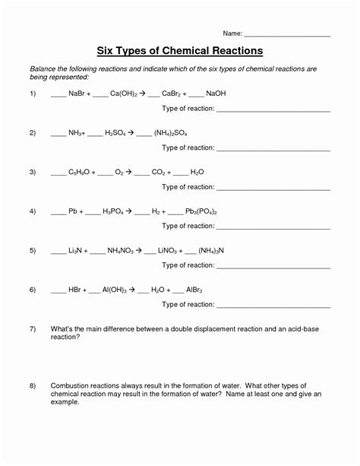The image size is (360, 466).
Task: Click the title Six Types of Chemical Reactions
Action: click(179, 50)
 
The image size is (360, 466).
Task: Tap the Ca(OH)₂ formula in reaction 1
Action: click(126, 94)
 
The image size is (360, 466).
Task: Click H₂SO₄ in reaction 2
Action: click(118, 132)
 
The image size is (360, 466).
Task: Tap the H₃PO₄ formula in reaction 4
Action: click(115, 211)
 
